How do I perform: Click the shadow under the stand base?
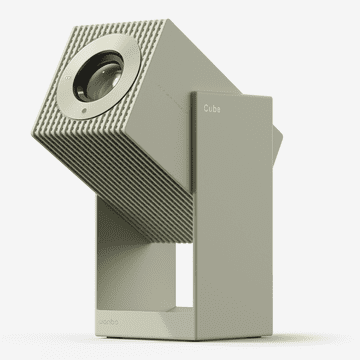click(200, 341)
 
